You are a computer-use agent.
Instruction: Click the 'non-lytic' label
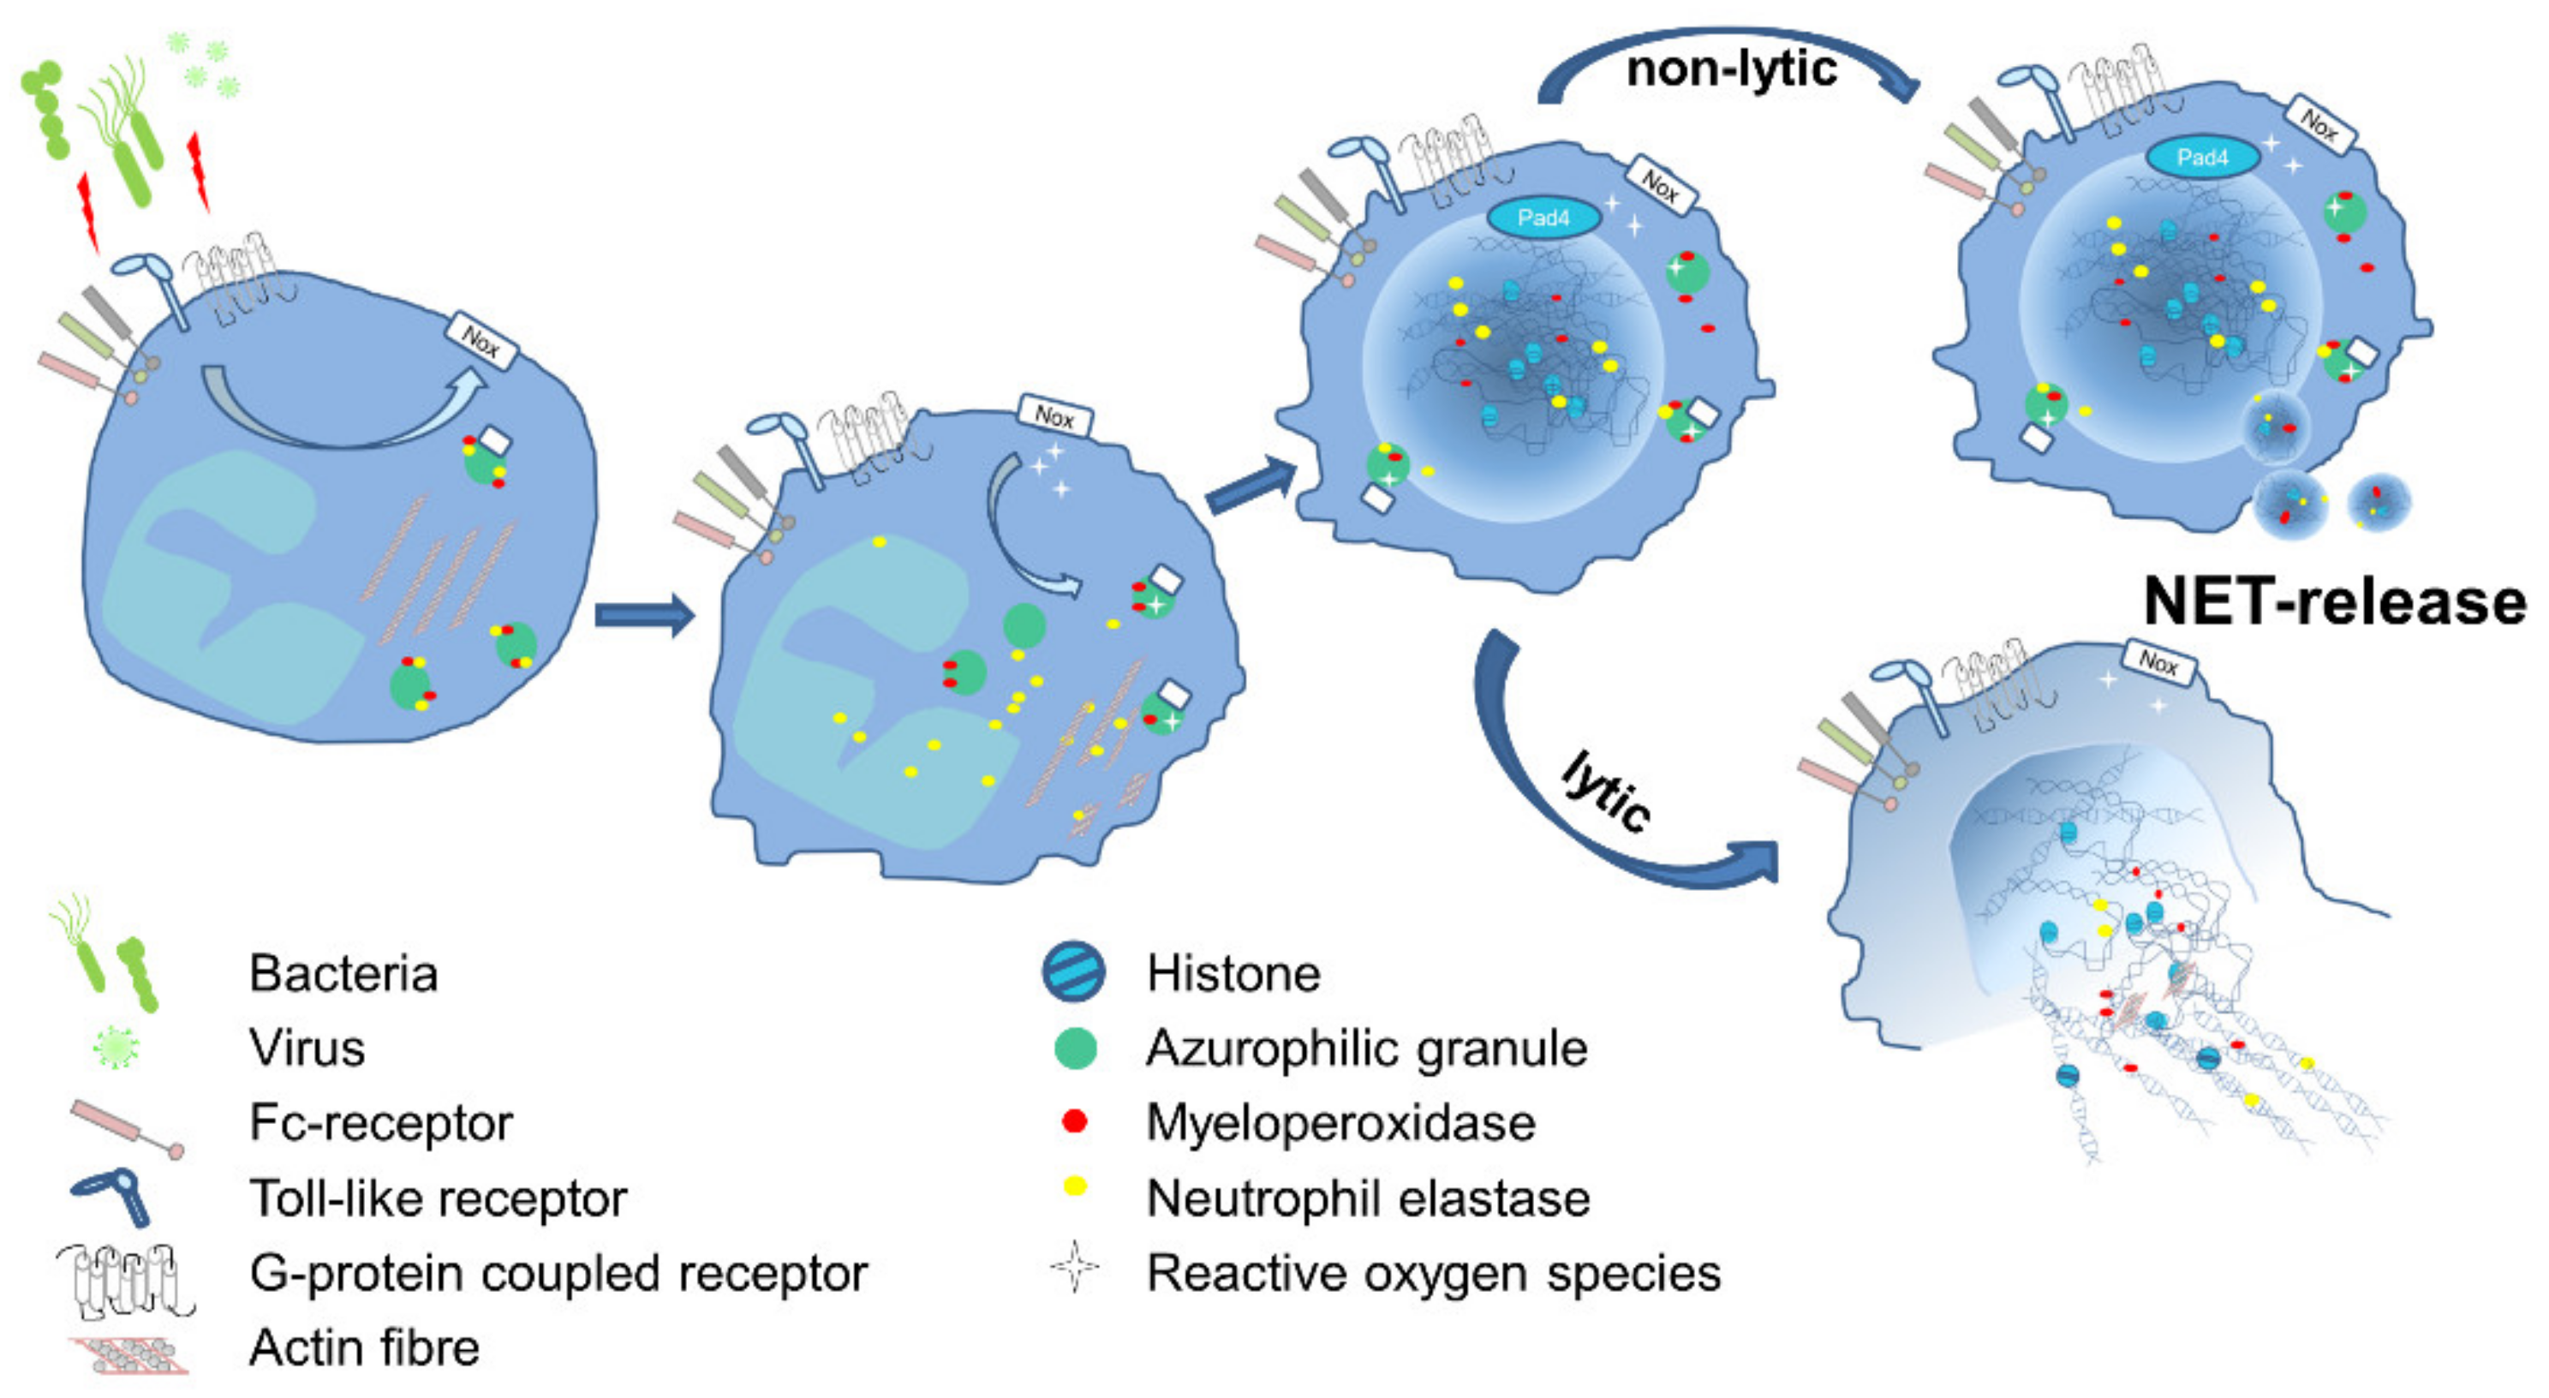(1731, 69)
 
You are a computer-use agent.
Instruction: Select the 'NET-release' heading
(2333, 601)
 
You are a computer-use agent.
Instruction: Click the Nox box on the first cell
(482, 341)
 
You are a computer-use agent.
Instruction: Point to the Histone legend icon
(1073, 971)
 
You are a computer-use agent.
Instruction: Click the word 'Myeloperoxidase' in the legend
(1340, 1123)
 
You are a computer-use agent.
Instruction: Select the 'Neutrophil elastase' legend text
(1368, 1198)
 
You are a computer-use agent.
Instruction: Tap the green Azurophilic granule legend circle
(1075, 1048)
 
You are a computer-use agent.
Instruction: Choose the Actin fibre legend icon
(128, 1354)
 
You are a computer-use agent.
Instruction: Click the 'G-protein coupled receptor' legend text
(558, 1273)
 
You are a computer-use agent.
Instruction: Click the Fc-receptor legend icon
(127, 1126)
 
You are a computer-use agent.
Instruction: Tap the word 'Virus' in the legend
(307, 1048)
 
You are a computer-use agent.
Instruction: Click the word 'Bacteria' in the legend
(343, 974)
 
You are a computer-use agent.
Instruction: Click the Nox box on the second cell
(1054, 416)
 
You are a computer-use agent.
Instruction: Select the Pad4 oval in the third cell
(1543, 218)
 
